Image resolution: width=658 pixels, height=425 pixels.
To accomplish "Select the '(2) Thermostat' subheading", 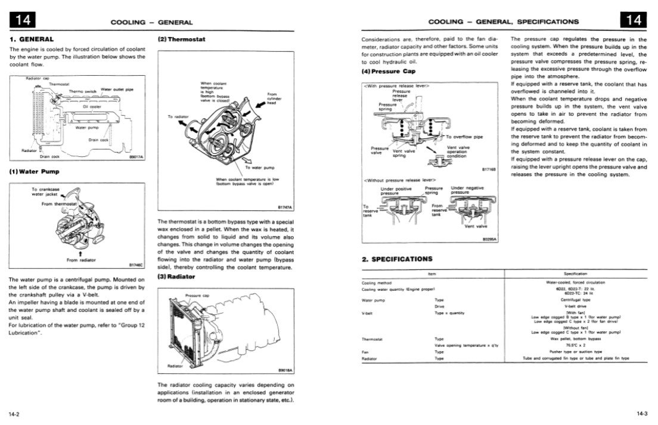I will coord(181,39).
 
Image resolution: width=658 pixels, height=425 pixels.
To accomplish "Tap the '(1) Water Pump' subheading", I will coord(34,172).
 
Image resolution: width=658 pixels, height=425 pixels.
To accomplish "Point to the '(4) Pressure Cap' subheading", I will coord(389,72).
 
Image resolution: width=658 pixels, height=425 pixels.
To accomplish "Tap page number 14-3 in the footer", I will coord(643,413).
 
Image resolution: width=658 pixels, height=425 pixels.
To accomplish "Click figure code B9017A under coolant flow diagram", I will coord(137,157).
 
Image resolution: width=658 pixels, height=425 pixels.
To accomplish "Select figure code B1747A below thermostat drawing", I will coord(285,207).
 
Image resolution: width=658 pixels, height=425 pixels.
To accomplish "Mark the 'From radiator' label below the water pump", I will coord(81,260).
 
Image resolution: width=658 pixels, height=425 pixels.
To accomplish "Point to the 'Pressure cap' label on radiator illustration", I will coord(197,295).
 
